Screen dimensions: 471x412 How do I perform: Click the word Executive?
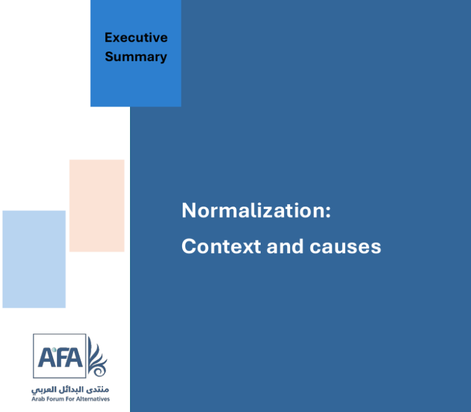point(136,37)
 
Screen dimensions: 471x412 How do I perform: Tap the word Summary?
point(136,57)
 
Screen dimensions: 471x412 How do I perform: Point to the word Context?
point(221,246)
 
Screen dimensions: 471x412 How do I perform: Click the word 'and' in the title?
point(285,246)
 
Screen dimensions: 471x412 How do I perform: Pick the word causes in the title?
point(345,248)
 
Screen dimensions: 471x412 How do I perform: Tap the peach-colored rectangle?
point(97,206)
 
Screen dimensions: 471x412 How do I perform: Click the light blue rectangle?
point(34,259)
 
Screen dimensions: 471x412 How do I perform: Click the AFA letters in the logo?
point(60,357)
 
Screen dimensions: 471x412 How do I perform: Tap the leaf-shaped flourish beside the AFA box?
point(97,357)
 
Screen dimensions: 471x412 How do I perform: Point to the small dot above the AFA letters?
point(54,349)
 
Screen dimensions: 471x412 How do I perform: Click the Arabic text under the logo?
point(71,390)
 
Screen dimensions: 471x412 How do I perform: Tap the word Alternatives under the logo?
point(93,399)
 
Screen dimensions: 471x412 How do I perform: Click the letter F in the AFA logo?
point(61,357)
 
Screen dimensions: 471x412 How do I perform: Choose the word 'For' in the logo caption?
point(70,399)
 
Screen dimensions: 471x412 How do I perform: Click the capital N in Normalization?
point(189,210)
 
